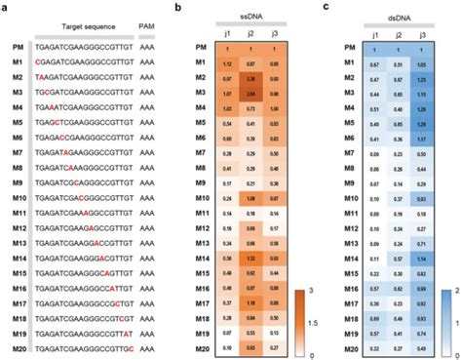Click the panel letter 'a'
5,7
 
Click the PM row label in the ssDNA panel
199,49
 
